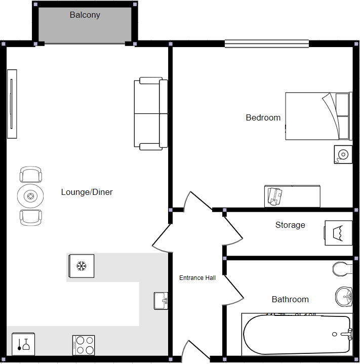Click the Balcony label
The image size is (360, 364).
(85, 15)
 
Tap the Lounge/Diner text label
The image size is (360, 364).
(87, 192)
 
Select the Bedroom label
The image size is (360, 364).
(263, 118)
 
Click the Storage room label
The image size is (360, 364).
(290, 225)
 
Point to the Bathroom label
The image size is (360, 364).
(290, 300)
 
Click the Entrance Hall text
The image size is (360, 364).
(197, 278)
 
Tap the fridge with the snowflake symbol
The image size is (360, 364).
(81, 266)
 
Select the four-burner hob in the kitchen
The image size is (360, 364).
(84, 345)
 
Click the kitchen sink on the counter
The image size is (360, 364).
(161, 301)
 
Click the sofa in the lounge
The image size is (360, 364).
(150, 114)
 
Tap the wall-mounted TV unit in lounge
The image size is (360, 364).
(12, 104)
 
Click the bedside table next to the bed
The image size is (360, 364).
(343, 154)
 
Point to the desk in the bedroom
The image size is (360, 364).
(292, 196)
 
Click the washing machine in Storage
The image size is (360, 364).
(338, 233)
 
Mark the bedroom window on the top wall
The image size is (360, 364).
(267, 44)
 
